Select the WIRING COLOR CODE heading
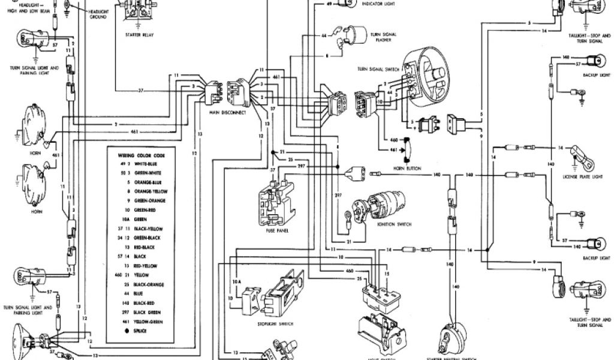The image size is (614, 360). pos(141,155)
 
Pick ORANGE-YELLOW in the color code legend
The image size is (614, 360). pos(150,191)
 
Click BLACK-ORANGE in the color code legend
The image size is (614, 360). pos(150,283)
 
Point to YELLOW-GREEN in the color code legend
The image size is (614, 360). pos(150,320)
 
